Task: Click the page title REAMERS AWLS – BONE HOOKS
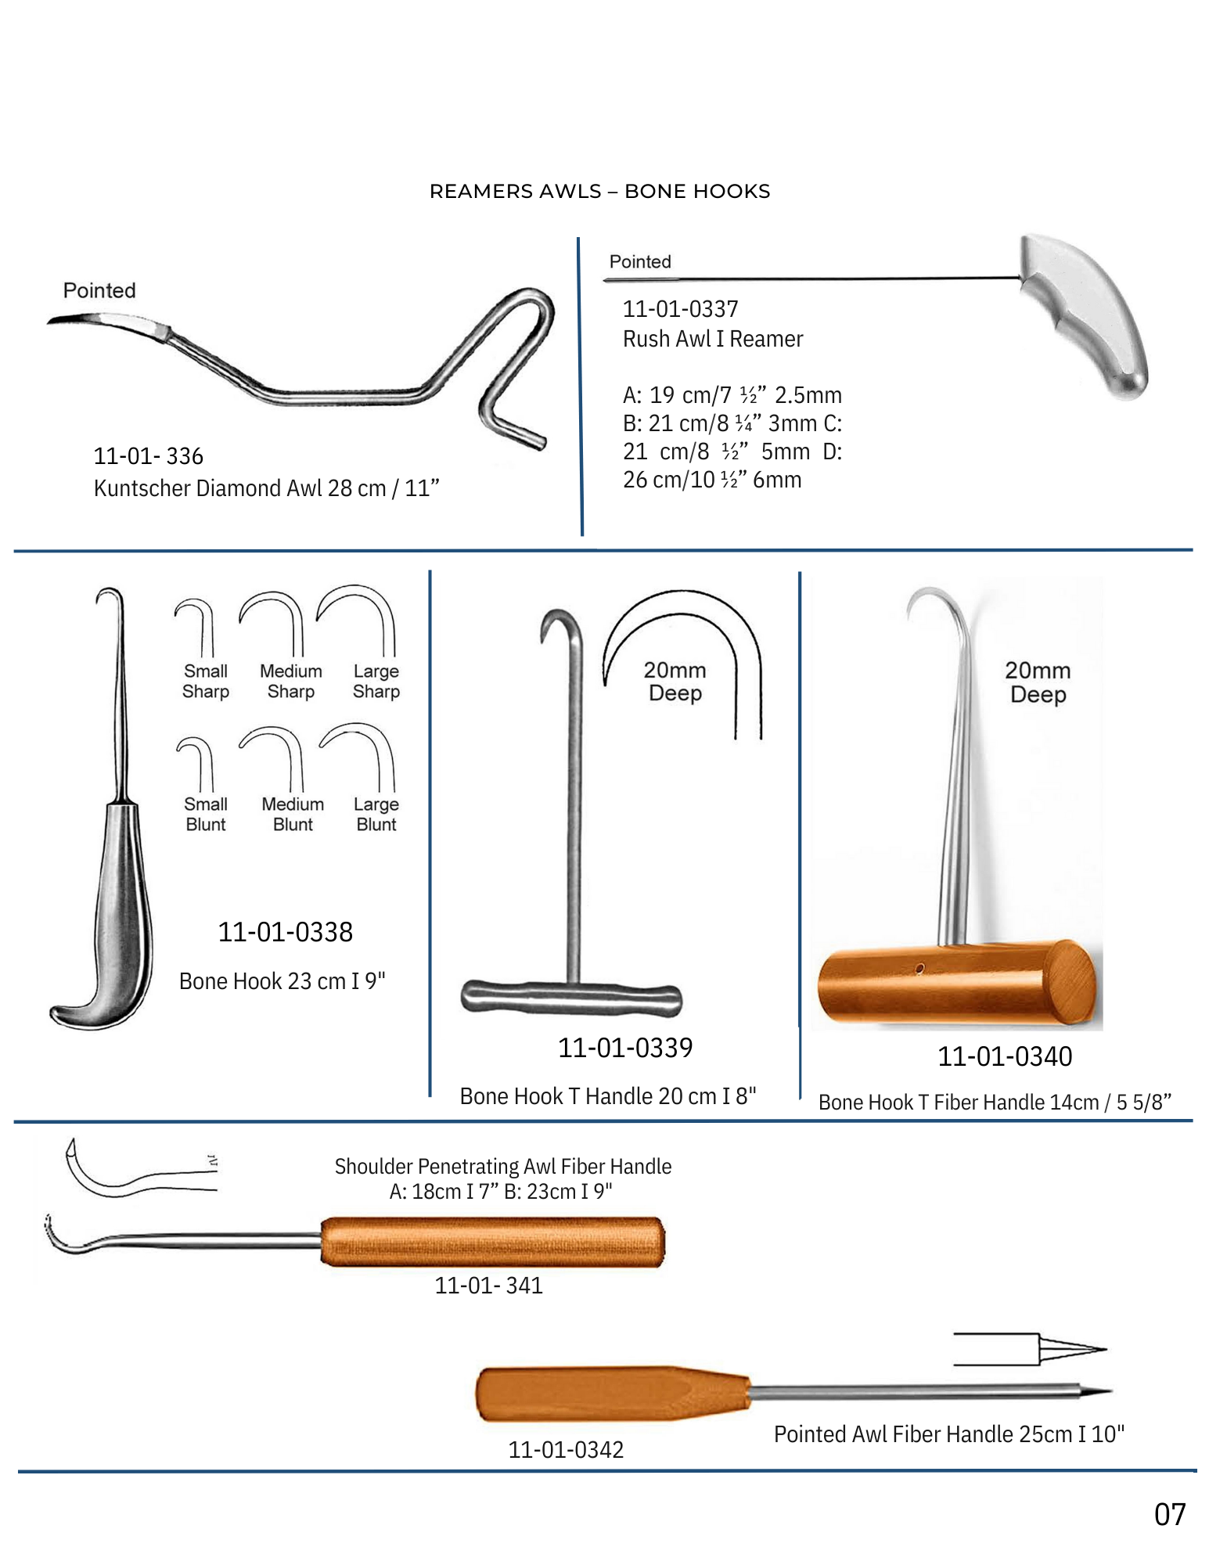(599, 192)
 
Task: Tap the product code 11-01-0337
(680, 309)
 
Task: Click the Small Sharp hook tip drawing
(196, 626)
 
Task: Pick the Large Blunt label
(376, 815)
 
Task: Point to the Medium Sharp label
(291, 682)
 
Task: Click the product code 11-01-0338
(286, 932)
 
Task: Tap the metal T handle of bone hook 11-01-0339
(571, 998)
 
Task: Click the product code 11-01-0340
(1005, 1057)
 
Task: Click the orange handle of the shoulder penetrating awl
(492, 1242)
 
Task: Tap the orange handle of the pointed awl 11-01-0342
(610, 1394)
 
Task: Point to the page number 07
(1170, 1515)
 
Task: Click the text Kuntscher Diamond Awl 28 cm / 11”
(266, 488)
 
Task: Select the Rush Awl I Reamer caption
(713, 339)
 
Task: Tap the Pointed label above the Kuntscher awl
(99, 290)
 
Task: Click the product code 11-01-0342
(566, 1450)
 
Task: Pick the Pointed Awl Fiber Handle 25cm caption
(948, 1434)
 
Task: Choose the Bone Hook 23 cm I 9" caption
(282, 981)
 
